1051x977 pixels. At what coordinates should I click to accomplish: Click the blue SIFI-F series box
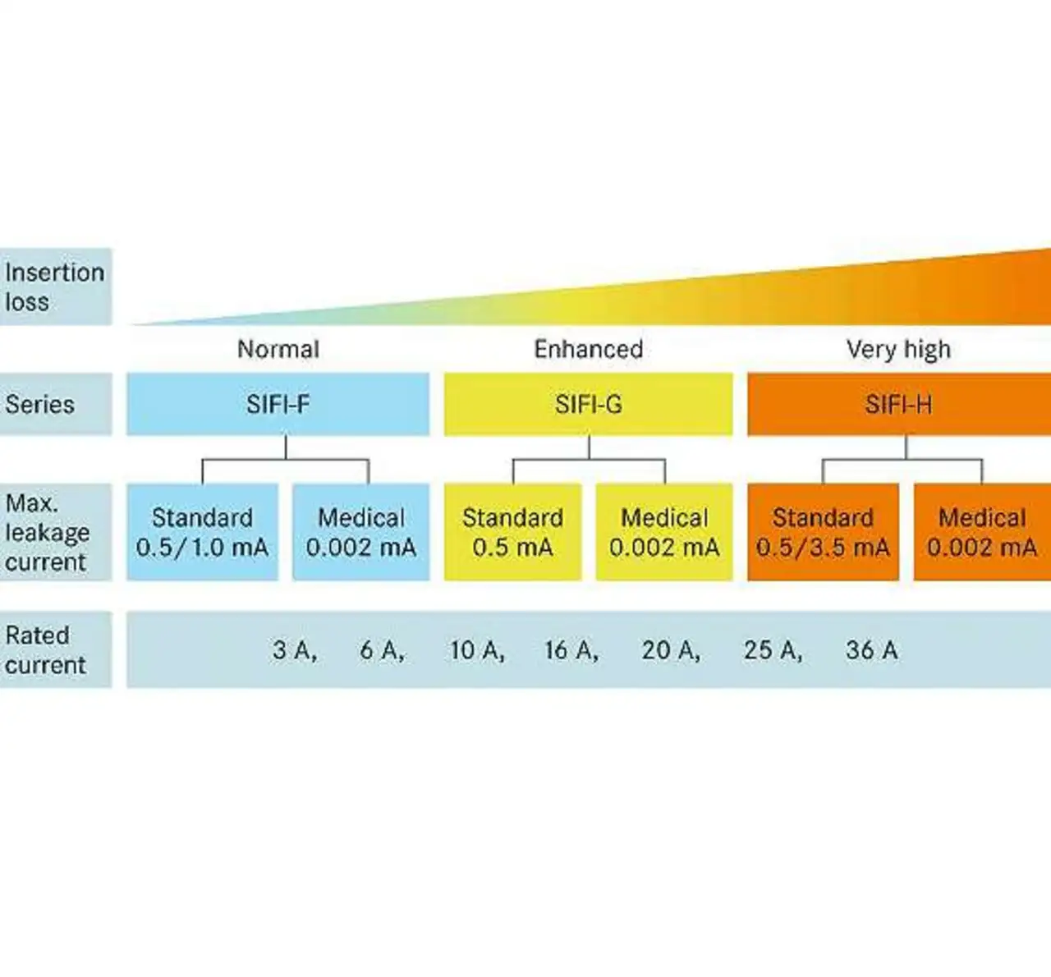pos(278,404)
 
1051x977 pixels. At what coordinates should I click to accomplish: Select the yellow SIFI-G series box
pos(588,404)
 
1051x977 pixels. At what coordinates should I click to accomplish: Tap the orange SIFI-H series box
pos(898,404)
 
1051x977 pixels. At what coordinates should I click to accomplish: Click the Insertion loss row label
pos(54,287)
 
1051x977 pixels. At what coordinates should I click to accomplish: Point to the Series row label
pos(40,404)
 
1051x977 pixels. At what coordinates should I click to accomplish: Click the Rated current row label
pos(45,649)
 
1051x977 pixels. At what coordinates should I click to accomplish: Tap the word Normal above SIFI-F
pos(278,349)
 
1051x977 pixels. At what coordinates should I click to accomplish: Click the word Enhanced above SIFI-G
pos(588,349)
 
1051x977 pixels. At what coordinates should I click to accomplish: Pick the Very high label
pos(898,349)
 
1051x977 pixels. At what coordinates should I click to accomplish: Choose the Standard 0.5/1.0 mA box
pos(202,532)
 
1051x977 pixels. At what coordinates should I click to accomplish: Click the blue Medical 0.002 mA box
pos(361,532)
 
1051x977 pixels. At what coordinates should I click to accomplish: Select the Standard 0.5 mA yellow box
pos(512,532)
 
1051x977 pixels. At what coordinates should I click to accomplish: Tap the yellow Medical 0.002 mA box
pos(664,532)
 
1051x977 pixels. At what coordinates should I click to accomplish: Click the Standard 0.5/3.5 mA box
pos(823,532)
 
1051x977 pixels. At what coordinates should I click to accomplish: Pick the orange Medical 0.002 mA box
pos(982,532)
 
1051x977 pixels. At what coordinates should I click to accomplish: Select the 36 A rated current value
pos(871,650)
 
